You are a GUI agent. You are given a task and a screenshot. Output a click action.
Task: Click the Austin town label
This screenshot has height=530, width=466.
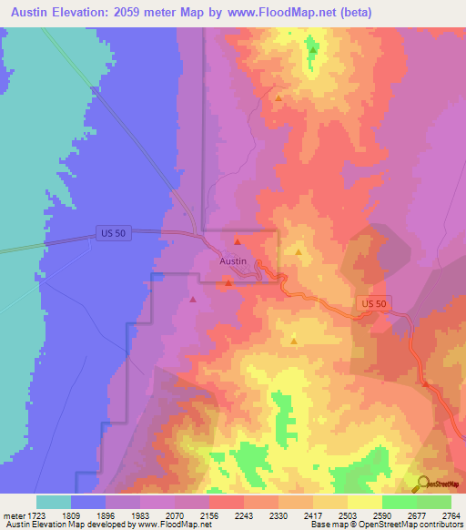(x=233, y=260)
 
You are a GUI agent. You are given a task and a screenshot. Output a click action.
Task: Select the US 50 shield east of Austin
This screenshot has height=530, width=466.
(x=373, y=303)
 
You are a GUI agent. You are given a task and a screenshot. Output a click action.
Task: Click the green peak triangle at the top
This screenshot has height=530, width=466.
(x=312, y=49)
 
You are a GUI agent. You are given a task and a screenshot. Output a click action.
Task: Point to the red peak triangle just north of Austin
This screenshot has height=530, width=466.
(x=237, y=241)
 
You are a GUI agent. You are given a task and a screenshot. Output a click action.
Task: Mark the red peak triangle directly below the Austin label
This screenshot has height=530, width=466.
(x=228, y=281)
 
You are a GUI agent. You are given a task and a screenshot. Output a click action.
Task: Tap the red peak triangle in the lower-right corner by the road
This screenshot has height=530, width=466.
(x=425, y=383)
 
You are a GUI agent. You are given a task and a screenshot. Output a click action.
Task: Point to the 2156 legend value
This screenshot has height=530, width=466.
(x=208, y=515)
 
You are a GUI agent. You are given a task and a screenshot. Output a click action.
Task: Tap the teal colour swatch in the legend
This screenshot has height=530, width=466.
(x=54, y=502)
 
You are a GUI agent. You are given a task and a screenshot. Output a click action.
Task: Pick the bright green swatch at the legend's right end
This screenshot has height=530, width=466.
(x=434, y=502)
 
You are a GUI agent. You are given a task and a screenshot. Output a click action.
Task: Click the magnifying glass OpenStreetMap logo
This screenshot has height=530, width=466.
(x=424, y=484)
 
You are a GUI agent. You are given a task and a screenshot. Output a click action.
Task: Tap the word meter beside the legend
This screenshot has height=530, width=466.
(x=13, y=515)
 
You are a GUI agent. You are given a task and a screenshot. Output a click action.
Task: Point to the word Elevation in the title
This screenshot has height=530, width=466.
(x=80, y=13)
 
